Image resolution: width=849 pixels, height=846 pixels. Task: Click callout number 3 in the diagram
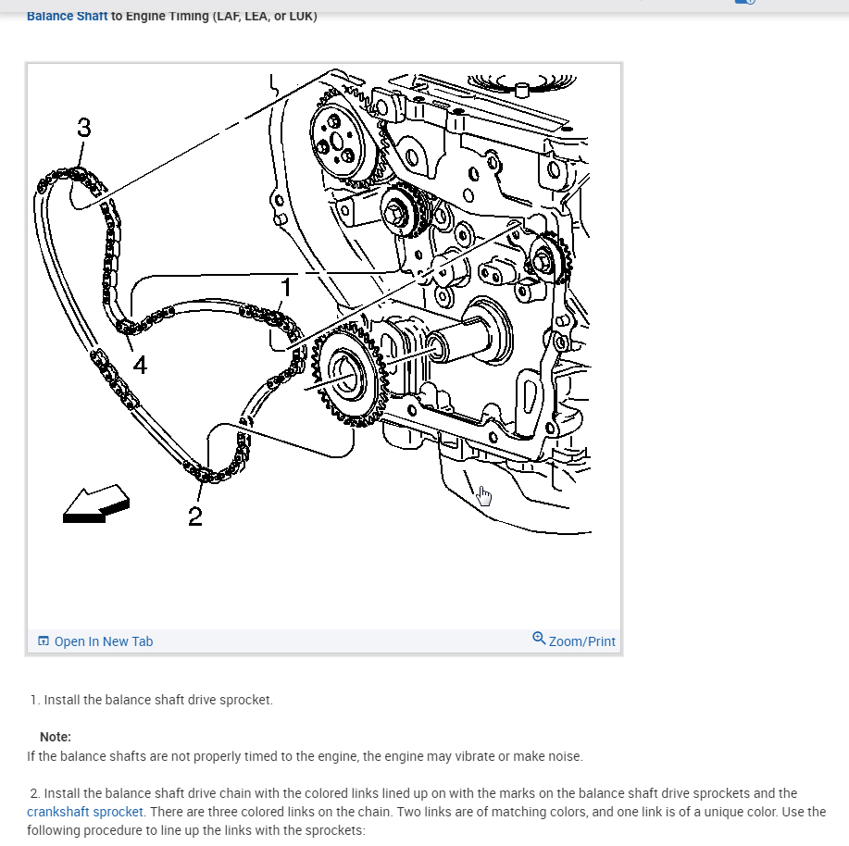84,128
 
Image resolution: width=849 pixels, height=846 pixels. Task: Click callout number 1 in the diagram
287,287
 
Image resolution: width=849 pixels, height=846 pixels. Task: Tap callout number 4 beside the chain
139,366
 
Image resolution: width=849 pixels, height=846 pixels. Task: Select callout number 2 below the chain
194,516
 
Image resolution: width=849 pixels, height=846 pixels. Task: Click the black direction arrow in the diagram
96,504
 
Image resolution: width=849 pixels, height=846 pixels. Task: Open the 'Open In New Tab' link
103,641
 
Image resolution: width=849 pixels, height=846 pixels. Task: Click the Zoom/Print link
581,641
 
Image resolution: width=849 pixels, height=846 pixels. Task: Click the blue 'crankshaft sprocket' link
85,812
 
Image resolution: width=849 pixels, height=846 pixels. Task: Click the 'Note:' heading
56,737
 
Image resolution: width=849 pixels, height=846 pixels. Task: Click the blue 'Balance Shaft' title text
67,16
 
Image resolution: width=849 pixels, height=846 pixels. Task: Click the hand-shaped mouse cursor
484,497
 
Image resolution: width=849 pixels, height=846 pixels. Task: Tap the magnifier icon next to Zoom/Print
539,639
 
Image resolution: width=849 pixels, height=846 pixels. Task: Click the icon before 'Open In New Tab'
44,641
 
